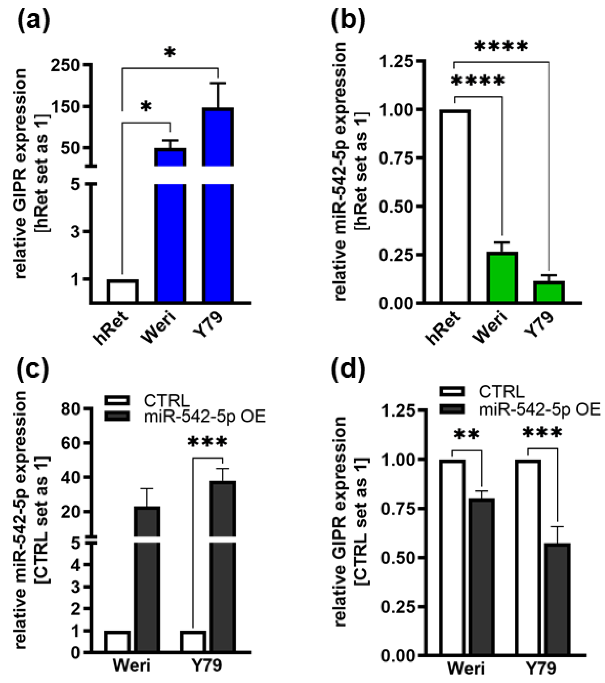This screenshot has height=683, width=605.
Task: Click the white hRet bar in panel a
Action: [x=122, y=291]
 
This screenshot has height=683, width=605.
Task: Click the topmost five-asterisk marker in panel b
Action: [x=501, y=46]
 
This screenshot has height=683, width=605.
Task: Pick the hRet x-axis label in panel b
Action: [x=443, y=328]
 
